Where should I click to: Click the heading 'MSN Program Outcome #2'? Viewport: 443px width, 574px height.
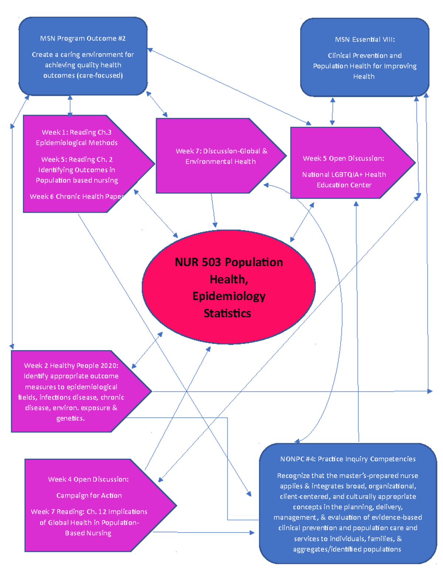83,38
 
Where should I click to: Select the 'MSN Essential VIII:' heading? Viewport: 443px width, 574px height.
365,40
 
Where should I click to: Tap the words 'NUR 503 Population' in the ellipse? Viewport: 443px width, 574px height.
229,262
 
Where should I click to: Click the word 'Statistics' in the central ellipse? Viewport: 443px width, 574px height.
227,313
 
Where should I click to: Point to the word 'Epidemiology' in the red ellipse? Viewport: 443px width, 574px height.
229,296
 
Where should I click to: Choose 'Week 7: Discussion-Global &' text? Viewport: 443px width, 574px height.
221,151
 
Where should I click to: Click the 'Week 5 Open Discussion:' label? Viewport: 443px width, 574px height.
343,158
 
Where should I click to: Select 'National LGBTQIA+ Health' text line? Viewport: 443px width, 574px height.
344,174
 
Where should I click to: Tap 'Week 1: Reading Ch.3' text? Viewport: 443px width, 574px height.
76,132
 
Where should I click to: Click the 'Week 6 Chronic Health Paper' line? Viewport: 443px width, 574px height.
76,196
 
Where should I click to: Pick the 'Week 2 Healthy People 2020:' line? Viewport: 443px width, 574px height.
71,365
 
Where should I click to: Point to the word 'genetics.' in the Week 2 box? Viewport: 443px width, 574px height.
71,418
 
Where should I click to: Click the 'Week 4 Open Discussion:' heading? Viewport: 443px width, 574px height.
88,479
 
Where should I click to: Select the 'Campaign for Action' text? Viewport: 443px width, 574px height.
89,495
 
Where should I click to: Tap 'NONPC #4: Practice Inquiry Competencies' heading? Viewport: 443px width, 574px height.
348,459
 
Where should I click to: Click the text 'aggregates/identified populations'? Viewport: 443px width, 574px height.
347,549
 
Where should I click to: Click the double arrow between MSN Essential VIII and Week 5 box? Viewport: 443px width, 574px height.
333,111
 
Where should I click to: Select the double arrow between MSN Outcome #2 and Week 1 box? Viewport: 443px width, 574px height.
70,106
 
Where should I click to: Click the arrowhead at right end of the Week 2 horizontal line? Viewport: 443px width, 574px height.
429,391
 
